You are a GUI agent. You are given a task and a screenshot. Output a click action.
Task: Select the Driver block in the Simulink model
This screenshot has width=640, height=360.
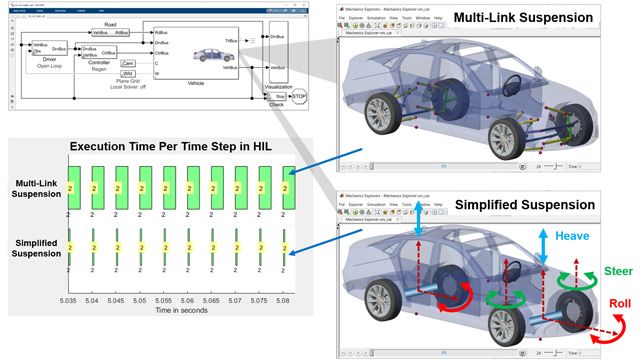45,50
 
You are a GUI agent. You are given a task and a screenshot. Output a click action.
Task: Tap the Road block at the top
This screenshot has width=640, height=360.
108,31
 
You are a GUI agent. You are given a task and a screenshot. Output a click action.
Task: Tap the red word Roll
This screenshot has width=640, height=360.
617,303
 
